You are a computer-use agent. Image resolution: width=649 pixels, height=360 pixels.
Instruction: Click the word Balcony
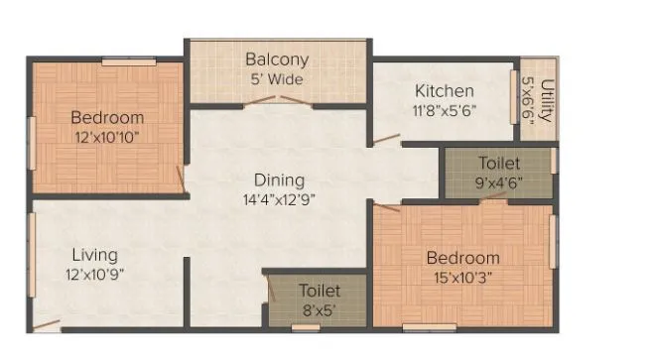click(278, 60)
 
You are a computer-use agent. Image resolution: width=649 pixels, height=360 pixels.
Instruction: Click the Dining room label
click(279, 180)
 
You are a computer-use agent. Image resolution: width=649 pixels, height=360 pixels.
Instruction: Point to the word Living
click(93, 255)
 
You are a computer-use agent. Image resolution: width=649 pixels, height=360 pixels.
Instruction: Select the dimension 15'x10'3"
click(462, 277)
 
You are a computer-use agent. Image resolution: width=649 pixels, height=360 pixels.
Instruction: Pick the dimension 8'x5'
click(320, 308)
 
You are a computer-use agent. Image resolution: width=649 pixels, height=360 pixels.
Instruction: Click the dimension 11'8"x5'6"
click(446, 110)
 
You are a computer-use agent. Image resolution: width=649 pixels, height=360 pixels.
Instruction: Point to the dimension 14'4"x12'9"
click(279, 198)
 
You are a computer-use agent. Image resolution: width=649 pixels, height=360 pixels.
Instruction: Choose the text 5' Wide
click(278, 79)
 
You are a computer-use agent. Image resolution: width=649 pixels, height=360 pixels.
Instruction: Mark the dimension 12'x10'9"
click(94, 273)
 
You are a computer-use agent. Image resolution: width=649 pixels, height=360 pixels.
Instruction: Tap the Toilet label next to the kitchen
click(497, 163)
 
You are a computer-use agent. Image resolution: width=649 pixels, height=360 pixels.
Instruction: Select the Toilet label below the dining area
click(320, 291)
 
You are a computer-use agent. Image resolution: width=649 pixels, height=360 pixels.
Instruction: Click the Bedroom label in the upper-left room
click(107, 118)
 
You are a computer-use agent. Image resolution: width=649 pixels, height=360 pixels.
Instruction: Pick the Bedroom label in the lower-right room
click(462, 258)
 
